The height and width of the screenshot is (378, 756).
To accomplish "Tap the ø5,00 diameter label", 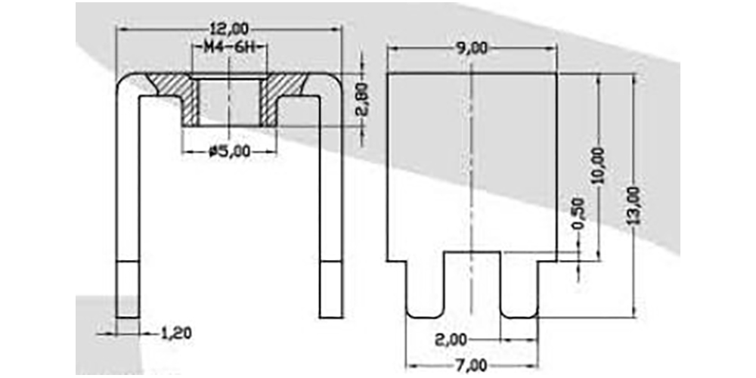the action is click(x=230, y=152).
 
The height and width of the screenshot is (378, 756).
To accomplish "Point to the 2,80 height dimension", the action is click(x=364, y=99).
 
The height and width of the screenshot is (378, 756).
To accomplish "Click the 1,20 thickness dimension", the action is click(x=175, y=333).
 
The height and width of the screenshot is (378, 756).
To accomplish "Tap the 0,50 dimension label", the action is click(x=578, y=212).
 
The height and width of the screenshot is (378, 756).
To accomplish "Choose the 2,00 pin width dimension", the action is click(x=451, y=340).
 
